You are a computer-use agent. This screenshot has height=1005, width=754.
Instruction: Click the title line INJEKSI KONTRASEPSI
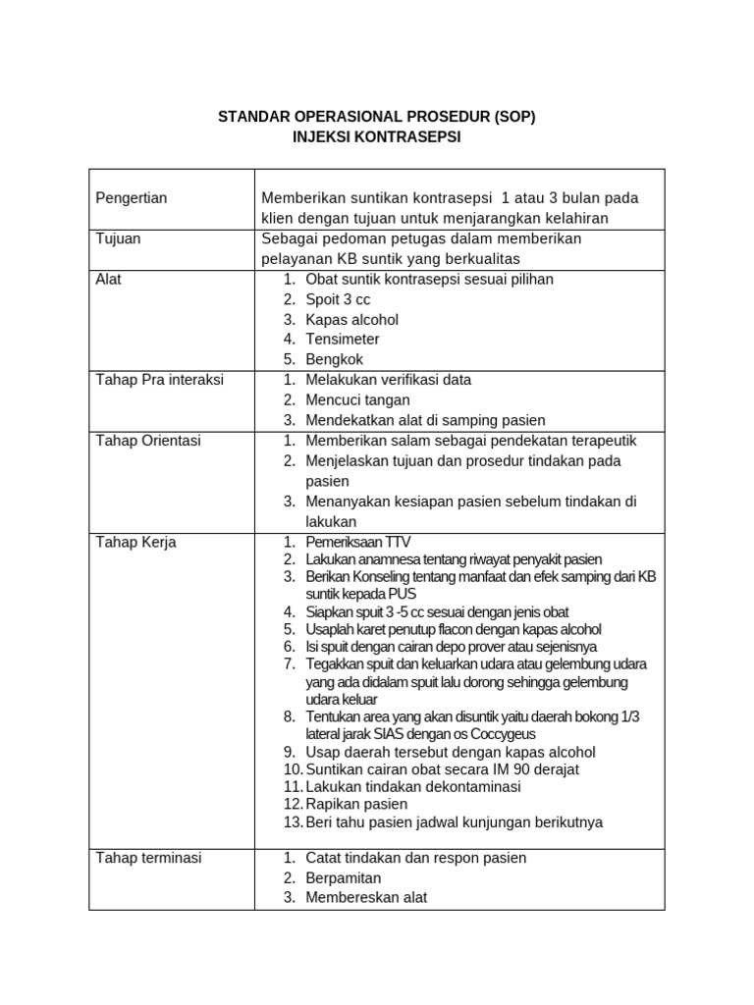(x=376, y=137)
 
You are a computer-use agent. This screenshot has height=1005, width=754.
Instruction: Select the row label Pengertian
(x=132, y=198)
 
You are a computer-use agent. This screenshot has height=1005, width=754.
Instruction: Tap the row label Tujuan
(x=119, y=238)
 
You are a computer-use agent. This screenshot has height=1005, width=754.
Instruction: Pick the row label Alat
(x=108, y=279)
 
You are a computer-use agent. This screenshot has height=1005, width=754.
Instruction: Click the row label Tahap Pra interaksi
(x=159, y=380)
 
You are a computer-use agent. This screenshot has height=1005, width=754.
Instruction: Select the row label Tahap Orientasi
(x=147, y=441)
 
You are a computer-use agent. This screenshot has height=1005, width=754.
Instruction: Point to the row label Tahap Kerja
(x=135, y=542)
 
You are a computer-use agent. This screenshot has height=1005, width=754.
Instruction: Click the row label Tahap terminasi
(x=147, y=858)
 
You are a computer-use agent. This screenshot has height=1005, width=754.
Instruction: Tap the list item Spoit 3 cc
(x=338, y=299)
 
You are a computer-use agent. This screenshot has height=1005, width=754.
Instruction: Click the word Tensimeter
(x=343, y=340)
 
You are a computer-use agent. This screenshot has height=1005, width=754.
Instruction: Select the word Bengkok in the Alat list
(x=334, y=359)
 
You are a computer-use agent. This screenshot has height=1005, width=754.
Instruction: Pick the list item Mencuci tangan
(x=357, y=399)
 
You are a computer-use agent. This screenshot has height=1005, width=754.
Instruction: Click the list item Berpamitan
(x=343, y=877)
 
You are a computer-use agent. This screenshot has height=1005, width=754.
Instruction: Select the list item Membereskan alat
(x=366, y=897)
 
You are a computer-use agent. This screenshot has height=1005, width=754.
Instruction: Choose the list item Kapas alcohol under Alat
(x=351, y=319)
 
